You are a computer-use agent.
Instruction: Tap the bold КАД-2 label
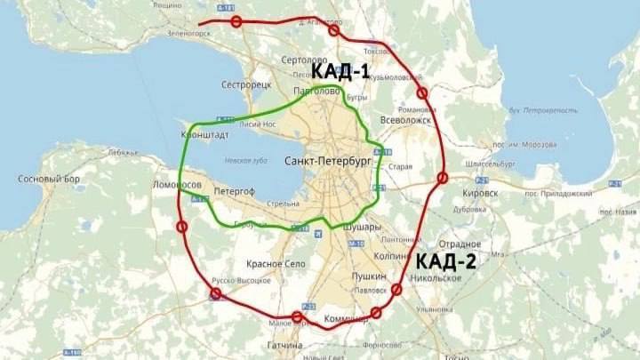(445, 260)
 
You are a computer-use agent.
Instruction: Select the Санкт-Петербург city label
(326, 161)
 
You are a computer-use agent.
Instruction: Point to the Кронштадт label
(204, 135)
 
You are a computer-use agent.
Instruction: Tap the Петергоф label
(235, 190)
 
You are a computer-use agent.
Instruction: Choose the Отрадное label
(460, 244)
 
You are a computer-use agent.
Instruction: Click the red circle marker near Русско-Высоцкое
(215, 294)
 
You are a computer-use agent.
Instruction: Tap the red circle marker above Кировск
(442, 180)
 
